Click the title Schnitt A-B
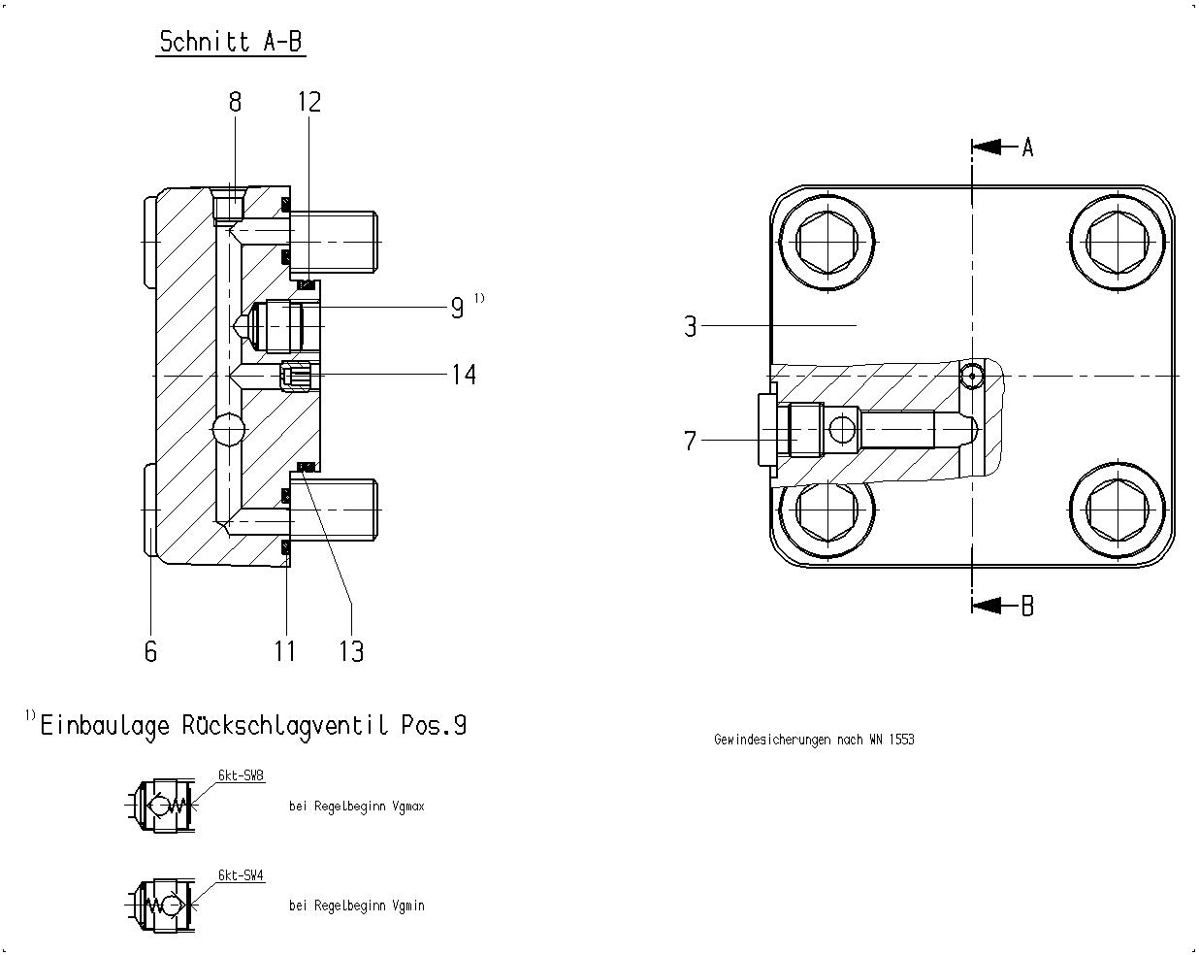pyautogui.click(x=231, y=42)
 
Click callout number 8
pyautogui.click(x=235, y=102)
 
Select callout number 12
pyautogui.click(x=309, y=102)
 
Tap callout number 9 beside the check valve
pyautogui.click(x=457, y=308)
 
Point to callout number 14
pyautogui.click(x=464, y=374)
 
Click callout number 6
pyautogui.click(x=150, y=651)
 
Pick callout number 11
pyautogui.click(x=284, y=651)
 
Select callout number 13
pyautogui.click(x=351, y=651)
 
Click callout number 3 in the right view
pyautogui.click(x=691, y=326)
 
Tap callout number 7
pyautogui.click(x=691, y=441)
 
